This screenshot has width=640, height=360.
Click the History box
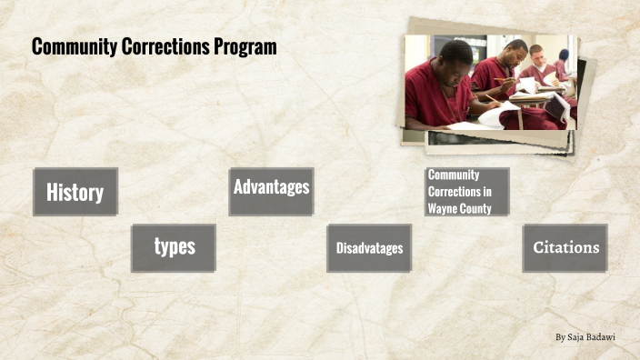pos(75,192)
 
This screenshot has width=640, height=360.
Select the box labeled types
pos(174,247)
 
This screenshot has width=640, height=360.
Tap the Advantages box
pos(271,188)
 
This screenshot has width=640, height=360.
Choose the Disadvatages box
pos(369,248)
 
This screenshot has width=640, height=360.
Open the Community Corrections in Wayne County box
pos(466,192)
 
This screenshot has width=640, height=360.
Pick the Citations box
pos(565,247)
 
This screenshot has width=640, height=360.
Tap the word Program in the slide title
pos(247,47)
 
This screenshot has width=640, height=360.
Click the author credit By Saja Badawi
pos(585,337)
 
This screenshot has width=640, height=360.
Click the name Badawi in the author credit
pos(602,337)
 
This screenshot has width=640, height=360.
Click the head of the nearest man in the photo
pos(455,58)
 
